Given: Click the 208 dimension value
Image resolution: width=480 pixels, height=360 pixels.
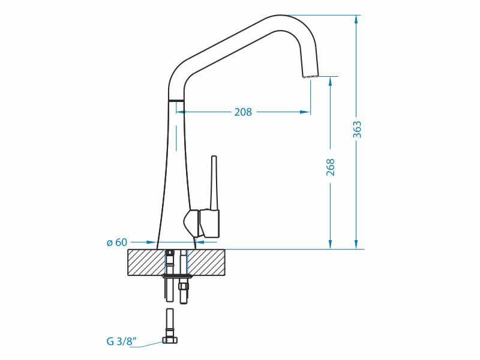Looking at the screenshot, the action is [243, 112].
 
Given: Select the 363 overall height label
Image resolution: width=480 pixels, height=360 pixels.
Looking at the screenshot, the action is [357, 130].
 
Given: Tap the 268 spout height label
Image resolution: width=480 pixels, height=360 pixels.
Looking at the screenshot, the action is [331, 167].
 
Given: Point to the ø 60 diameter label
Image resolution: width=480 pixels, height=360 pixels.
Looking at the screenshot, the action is [116, 242].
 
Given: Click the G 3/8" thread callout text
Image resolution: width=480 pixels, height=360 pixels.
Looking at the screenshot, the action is [122, 341].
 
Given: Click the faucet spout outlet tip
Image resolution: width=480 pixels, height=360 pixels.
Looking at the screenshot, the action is [310, 76].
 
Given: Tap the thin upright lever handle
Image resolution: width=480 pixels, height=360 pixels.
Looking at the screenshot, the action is [214, 183].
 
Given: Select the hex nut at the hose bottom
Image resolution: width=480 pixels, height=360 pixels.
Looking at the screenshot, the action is [170, 340].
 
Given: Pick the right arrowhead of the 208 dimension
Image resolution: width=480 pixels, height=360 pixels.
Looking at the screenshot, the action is [305, 112].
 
